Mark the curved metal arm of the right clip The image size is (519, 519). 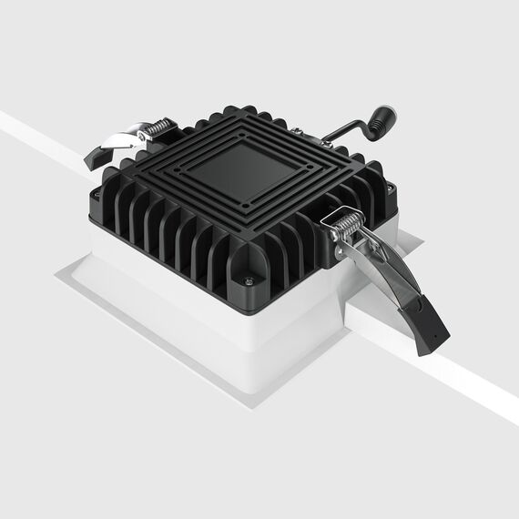pyautogui.click(x=387, y=273)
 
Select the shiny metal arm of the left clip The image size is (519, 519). pyautogui.click(x=123, y=137)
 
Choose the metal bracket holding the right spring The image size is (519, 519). pyautogui.click(x=335, y=237)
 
